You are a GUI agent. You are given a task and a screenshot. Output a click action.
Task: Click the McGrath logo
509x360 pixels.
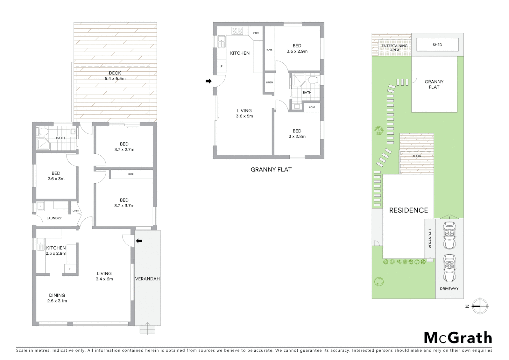(x=458, y=338)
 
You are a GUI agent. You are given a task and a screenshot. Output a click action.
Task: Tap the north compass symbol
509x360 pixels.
(x=480, y=306)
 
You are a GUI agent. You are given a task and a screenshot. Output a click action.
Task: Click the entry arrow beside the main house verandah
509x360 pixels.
(x=139, y=241)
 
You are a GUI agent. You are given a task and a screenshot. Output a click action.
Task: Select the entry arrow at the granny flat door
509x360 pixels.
(x=208, y=81)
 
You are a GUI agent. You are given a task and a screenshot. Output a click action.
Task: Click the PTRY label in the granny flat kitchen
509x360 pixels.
(x=256, y=33)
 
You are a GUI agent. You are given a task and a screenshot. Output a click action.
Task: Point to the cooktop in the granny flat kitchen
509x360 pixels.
(x=237, y=31)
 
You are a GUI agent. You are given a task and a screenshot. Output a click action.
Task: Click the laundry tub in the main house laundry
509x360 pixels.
(x=41, y=206)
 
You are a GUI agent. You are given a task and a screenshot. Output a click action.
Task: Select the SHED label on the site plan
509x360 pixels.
(x=437, y=45)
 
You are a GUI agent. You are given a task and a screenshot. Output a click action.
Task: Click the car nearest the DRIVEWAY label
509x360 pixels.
(x=449, y=268)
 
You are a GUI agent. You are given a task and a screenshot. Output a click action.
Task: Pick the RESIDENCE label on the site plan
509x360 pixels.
(x=408, y=210)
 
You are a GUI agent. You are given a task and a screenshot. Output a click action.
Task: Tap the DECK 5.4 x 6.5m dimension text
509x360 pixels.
(x=115, y=79)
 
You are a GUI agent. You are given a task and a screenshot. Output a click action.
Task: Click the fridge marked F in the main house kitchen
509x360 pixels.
(x=70, y=269)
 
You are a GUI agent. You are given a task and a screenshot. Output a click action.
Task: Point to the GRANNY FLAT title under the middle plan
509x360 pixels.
(x=271, y=170)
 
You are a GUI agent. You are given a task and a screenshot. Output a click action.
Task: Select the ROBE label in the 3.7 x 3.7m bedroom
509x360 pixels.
(x=130, y=174)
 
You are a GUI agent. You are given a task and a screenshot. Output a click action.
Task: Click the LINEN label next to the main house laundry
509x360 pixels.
(x=76, y=211)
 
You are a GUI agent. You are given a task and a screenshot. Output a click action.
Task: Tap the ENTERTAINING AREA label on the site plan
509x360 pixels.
(x=394, y=48)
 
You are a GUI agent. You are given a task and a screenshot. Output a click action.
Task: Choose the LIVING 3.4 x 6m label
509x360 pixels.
(x=104, y=276)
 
